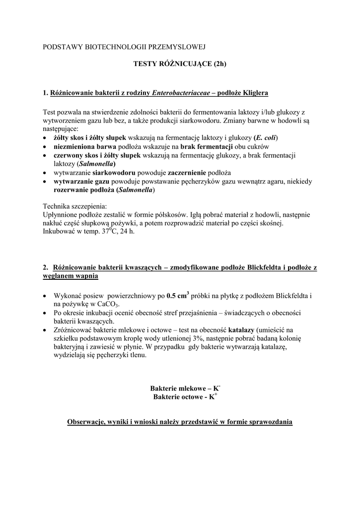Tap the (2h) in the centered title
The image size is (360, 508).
click(217, 64)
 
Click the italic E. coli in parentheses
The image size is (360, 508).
click(266, 137)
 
